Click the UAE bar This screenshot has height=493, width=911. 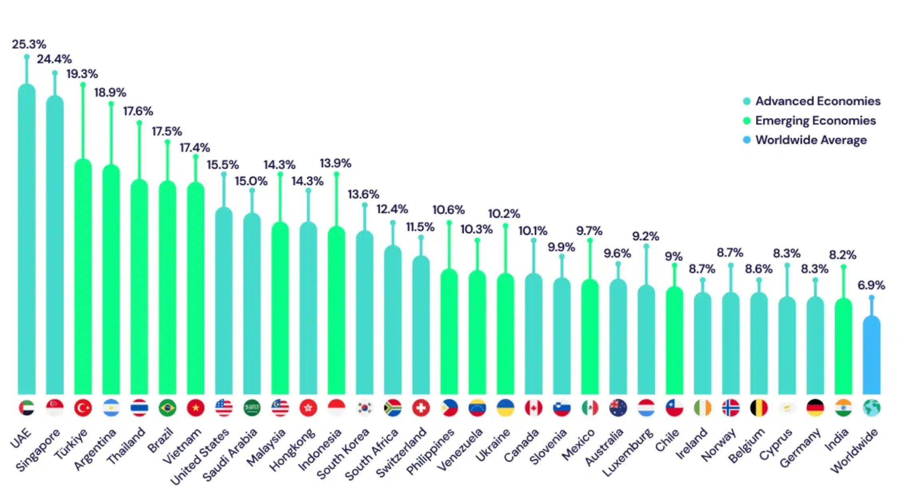[27, 240]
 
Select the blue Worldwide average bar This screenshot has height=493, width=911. [871, 355]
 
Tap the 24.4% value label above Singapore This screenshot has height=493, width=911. [54, 59]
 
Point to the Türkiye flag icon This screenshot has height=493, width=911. [83, 408]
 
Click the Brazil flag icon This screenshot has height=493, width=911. [167, 408]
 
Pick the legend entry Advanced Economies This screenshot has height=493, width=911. [818, 101]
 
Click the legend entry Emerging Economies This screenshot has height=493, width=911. [815, 121]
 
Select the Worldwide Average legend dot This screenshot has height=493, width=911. [746, 140]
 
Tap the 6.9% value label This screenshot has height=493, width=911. [871, 285]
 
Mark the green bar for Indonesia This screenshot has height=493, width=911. [336, 311]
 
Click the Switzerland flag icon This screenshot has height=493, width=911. [421, 408]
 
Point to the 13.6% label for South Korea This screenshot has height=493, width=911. [363, 194]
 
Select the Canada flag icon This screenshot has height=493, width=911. [534, 408]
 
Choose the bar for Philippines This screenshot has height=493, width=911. [449, 331]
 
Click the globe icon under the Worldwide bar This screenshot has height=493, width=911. [871, 408]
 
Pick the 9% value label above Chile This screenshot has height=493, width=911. [673, 256]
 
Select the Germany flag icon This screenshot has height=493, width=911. [815, 408]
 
